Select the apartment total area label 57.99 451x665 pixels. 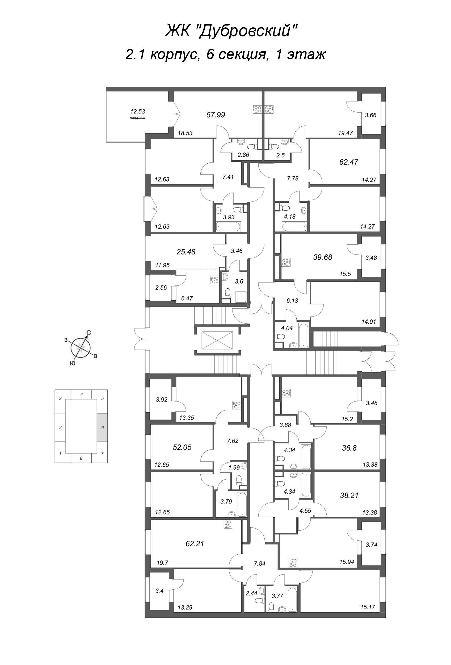216,115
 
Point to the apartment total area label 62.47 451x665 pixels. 348,162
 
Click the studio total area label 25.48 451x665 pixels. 186,252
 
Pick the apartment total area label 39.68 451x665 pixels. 323,257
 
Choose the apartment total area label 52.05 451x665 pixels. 182,447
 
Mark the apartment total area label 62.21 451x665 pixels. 195,543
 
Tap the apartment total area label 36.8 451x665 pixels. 349,448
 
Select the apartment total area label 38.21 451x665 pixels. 349,495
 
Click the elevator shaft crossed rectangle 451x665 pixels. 217,340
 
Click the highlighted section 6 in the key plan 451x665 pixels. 103,427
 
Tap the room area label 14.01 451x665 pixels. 369,322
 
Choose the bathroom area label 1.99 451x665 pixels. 234,468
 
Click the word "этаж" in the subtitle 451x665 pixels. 306,54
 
